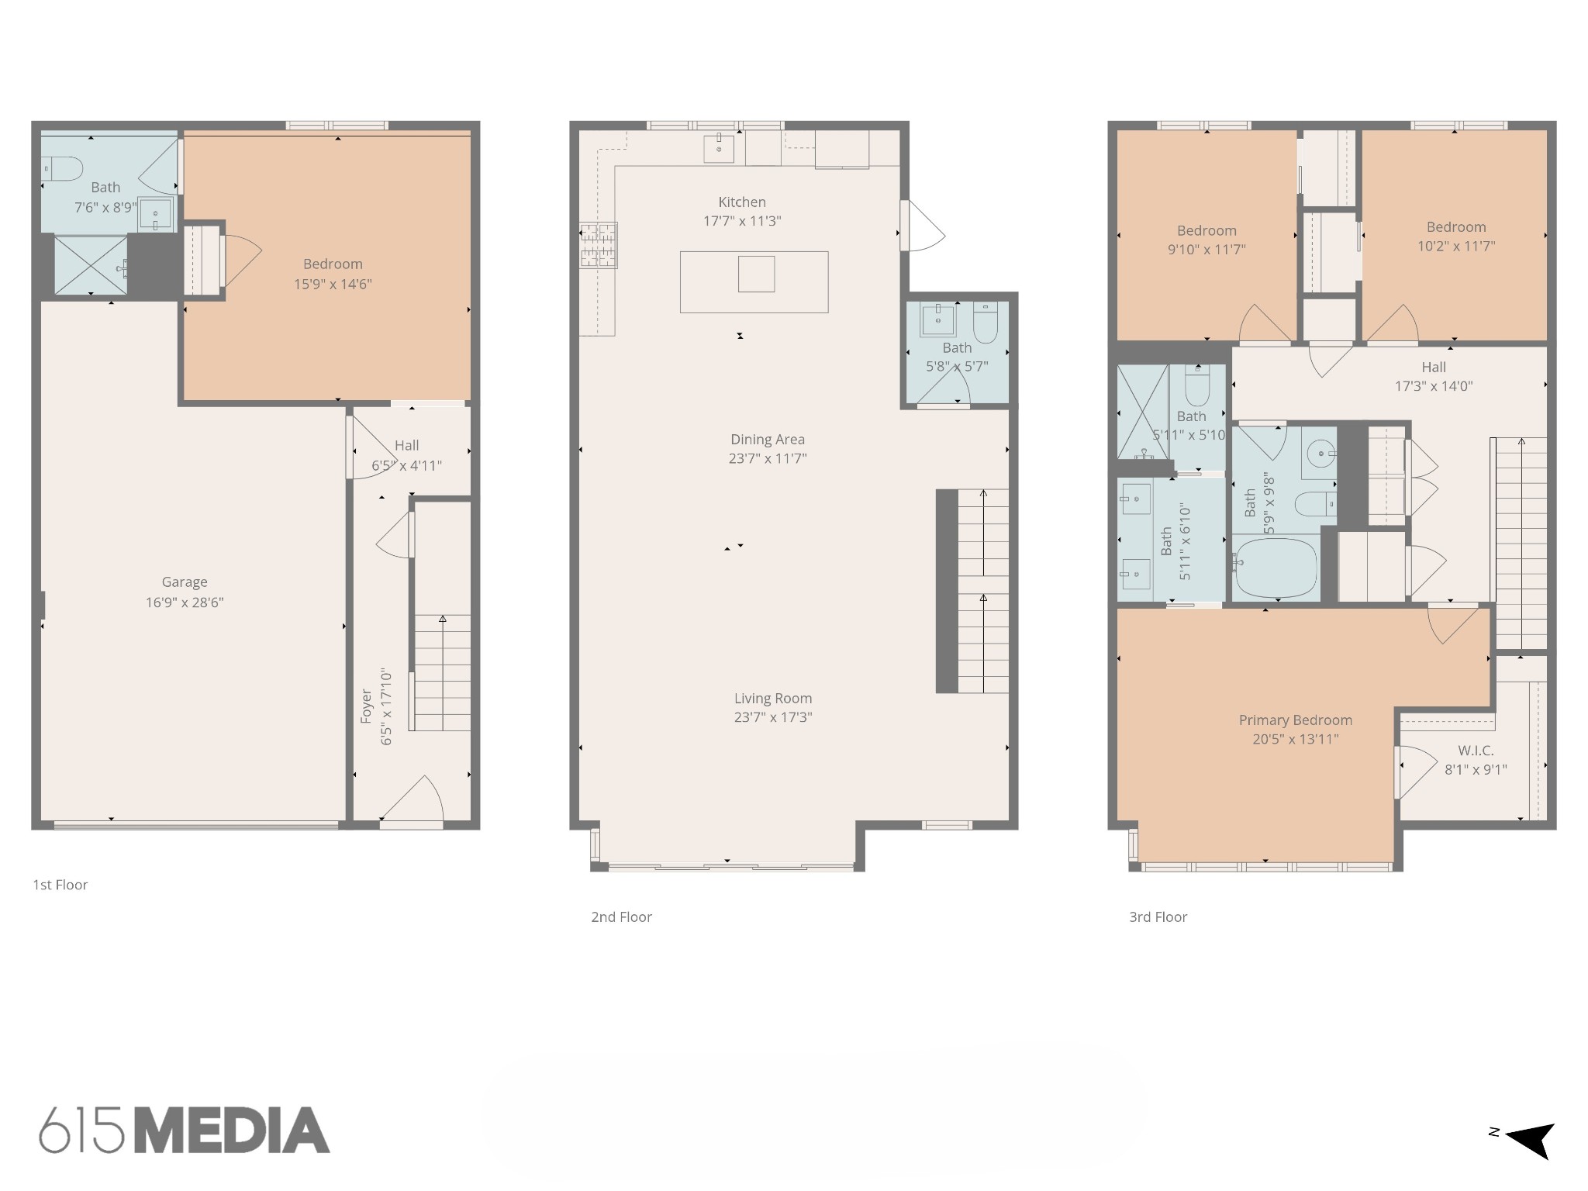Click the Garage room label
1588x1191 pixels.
[x=185, y=582]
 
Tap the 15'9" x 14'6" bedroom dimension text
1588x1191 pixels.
[x=333, y=284]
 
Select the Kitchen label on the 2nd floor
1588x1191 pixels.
[x=742, y=202]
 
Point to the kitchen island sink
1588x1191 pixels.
[x=756, y=274]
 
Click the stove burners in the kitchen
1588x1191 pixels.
[x=598, y=245]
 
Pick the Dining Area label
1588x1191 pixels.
[x=768, y=440]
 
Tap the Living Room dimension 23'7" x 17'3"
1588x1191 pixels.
[x=773, y=717]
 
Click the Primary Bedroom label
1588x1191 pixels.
[x=1296, y=720]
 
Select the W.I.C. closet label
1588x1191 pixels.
[x=1476, y=751]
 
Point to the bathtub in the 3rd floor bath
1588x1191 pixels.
[x=1276, y=567]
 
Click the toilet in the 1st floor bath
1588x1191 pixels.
[x=62, y=168]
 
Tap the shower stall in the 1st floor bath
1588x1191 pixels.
[x=91, y=265]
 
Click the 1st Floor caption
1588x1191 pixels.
[x=60, y=885]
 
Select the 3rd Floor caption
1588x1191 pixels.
[x=1158, y=917]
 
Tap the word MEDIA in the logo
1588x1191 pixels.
[x=232, y=1130]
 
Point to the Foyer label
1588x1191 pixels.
[x=366, y=707]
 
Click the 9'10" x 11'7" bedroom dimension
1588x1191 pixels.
[x=1207, y=250]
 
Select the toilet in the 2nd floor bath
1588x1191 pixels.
[x=985, y=323]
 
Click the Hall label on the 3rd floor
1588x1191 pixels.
[x=1434, y=367]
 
